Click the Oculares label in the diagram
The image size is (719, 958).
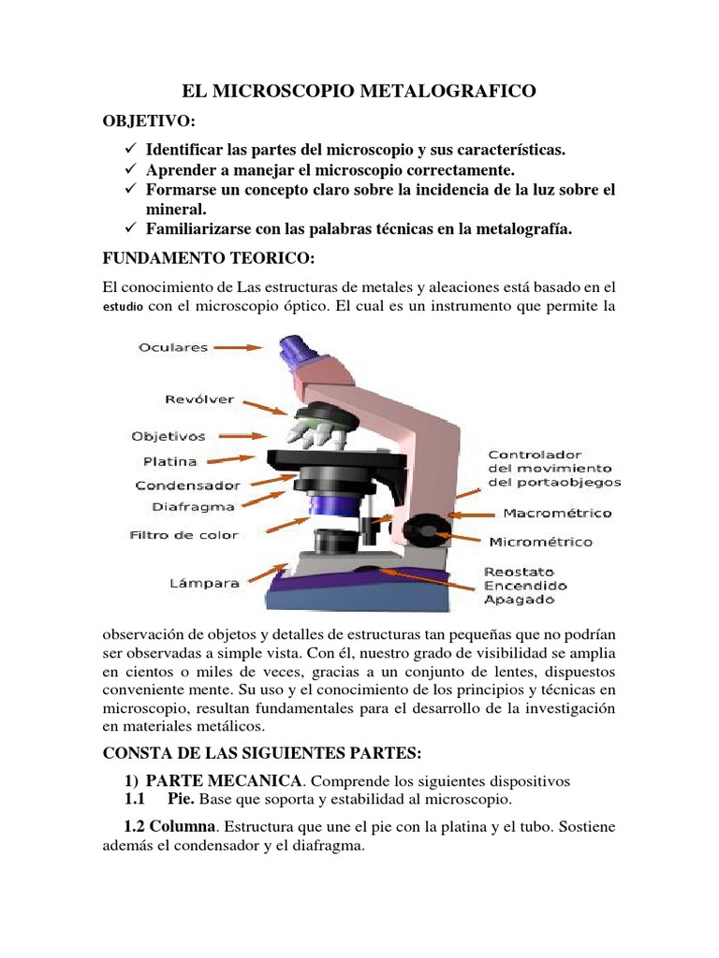[x=172, y=347]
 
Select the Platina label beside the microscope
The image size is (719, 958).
[x=169, y=461]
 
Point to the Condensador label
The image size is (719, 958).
[x=187, y=486]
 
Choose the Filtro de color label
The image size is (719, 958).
[x=183, y=535]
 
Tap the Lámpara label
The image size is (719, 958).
[x=204, y=583]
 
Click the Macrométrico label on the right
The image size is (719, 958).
[x=557, y=513]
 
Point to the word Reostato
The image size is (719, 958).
[x=519, y=571]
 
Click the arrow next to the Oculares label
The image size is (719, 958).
[x=239, y=347]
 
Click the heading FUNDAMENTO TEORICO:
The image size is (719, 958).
[x=196, y=255]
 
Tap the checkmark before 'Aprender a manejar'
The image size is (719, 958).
[x=131, y=170]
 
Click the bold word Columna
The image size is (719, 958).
[x=184, y=827]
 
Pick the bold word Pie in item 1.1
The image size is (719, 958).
[x=181, y=801]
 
